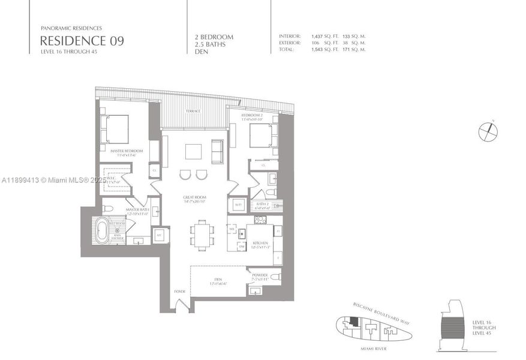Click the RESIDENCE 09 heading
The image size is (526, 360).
[83, 41]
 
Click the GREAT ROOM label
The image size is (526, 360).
[194, 199]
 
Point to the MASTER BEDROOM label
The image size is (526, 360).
[127, 152]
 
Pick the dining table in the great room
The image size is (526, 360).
[202, 233]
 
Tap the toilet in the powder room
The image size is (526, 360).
[275, 277]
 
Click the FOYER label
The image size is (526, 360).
[179, 292]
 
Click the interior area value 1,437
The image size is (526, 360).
[317, 36]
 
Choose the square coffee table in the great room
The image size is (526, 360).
[194, 151]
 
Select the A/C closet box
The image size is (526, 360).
[159, 236]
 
